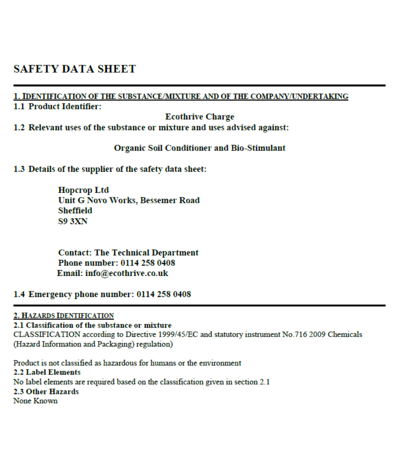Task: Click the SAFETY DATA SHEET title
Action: (x=75, y=69)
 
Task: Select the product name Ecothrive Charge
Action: (x=200, y=117)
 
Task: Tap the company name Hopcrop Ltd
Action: (x=83, y=190)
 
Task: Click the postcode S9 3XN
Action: (x=73, y=221)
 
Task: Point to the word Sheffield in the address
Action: (x=75, y=210)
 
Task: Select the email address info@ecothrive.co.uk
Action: (x=126, y=273)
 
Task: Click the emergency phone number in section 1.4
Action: (x=164, y=294)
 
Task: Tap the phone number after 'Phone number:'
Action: (x=148, y=263)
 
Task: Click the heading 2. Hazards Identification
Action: (x=64, y=316)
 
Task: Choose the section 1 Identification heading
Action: (x=181, y=96)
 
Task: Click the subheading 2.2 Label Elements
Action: (x=47, y=372)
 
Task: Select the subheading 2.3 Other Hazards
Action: (x=46, y=391)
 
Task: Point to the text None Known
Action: (x=35, y=401)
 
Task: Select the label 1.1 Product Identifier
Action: (x=57, y=106)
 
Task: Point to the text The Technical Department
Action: (x=146, y=253)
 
